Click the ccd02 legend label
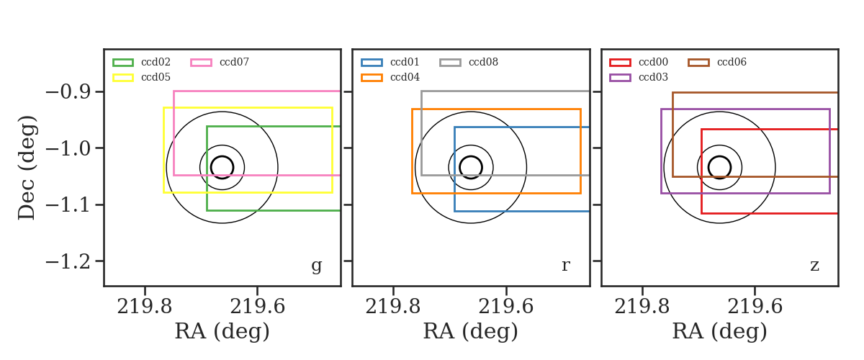[x=156, y=62]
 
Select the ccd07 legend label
[x=234, y=62]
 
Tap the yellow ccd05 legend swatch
[x=123, y=78]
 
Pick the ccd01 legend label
[x=405, y=62]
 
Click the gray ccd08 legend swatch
[x=450, y=63]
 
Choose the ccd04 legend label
[x=405, y=77]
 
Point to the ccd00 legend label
[x=653, y=62]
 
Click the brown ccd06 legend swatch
[x=698, y=63]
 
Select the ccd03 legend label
[x=653, y=77]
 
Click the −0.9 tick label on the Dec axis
[x=68, y=92]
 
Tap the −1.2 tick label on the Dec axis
[x=68, y=262]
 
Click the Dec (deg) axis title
[x=27, y=168]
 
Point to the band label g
[x=316, y=266]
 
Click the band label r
[x=565, y=265]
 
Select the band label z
[x=814, y=266]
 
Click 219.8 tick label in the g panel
[x=145, y=307]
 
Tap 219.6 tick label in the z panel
[x=755, y=307]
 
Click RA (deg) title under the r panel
[x=471, y=332]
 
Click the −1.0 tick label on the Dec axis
[x=68, y=148]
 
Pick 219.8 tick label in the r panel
[x=393, y=307]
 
